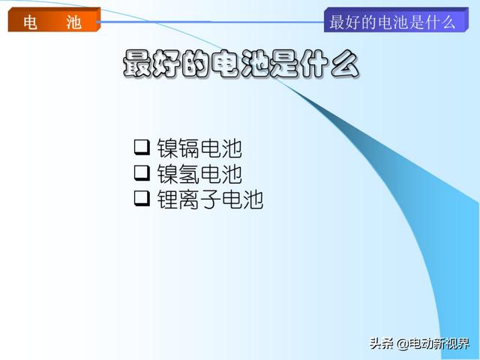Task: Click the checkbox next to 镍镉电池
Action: click(x=142, y=147)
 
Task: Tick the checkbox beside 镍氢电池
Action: click(x=142, y=173)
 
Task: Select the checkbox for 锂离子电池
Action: click(x=142, y=198)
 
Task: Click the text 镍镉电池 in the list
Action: click(x=199, y=148)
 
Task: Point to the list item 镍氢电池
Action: click(x=199, y=174)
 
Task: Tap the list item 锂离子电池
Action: click(x=210, y=199)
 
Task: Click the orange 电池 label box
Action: click(x=54, y=19)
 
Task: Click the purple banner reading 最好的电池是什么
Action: click(x=396, y=19)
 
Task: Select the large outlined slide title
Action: click(x=241, y=64)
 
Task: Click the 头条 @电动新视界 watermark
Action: click(x=419, y=343)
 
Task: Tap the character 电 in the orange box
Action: click(x=31, y=22)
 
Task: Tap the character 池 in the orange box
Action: click(x=73, y=22)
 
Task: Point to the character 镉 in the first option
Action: click(x=190, y=148)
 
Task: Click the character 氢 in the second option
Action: click(x=190, y=174)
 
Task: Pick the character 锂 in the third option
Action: click(x=168, y=199)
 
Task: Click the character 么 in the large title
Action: click(x=345, y=64)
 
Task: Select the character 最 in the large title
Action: click(x=136, y=64)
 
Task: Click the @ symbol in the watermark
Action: click(x=403, y=343)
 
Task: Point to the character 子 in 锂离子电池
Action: click(x=211, y=199)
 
